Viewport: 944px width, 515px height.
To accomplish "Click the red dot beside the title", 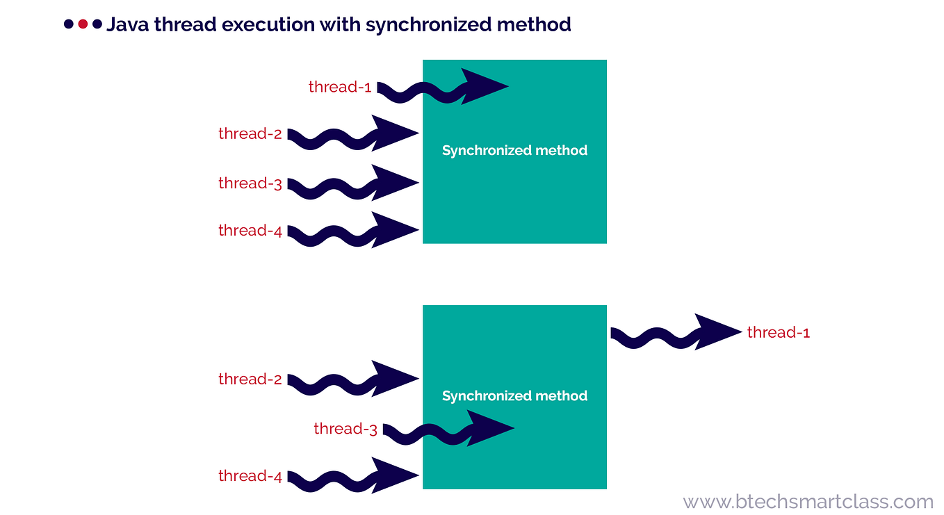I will coord(83,24).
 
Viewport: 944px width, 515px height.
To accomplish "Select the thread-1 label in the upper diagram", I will coord(340,88).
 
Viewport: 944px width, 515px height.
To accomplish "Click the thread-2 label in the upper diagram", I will coord(250,133).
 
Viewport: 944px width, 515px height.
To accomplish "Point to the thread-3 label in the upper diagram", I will coord(250,183).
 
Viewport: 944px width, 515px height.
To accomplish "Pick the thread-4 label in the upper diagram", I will coord(250,231).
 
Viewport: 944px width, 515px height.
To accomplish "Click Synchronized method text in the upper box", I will coord(514,150).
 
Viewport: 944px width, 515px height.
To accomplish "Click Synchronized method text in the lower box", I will coord(514,395).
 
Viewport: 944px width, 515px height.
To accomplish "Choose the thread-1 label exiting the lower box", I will coord(779,333).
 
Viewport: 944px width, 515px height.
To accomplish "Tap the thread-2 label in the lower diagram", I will coord(250,379).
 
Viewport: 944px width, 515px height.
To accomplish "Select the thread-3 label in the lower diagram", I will coord(345,429).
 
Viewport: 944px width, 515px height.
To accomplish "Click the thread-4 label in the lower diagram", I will coord(250,476).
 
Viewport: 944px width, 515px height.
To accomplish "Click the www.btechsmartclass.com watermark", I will coord(808,501).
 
